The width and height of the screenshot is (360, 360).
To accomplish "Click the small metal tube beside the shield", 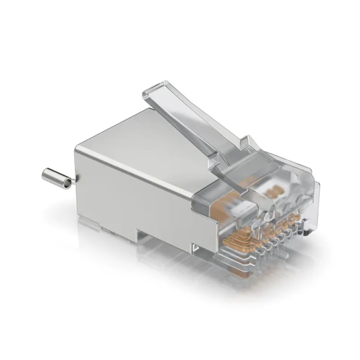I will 55,177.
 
